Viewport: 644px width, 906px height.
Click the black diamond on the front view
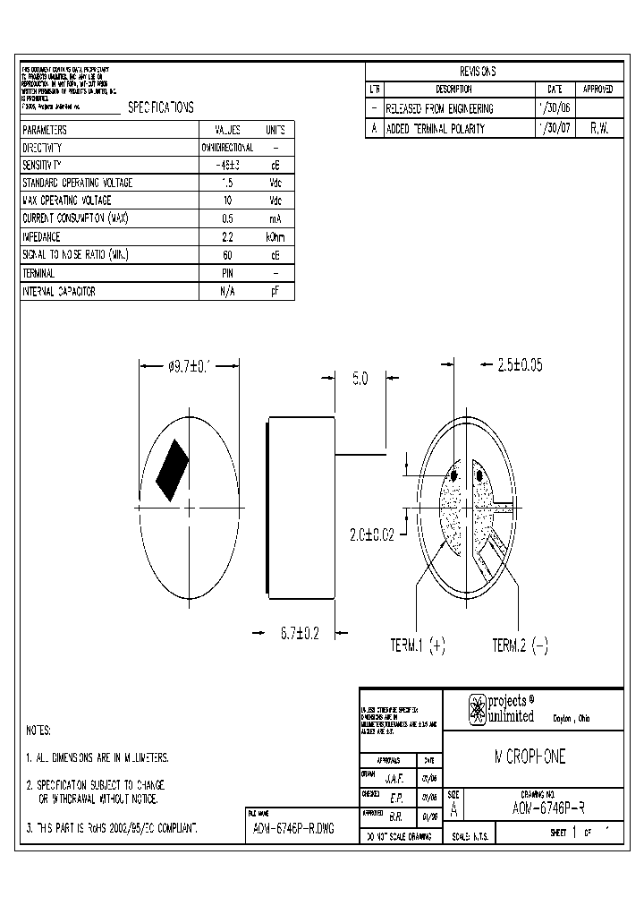pos(172,471)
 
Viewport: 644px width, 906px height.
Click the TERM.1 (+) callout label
pos(417,645)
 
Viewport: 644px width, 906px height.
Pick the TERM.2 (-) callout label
pos(521,645)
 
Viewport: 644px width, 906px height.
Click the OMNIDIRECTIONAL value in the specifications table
pos(227,147)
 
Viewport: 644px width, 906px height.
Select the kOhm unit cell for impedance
pos(275,237)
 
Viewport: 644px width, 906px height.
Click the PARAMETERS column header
pos(51,129)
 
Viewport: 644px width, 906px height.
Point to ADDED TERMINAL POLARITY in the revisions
pos(435,128)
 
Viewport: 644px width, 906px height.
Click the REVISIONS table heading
pos(478,72)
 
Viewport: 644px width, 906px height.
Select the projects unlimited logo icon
pos(478,709)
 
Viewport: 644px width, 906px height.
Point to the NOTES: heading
pos(38,731)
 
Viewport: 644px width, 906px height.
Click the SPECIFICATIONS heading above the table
pos(161,107)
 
